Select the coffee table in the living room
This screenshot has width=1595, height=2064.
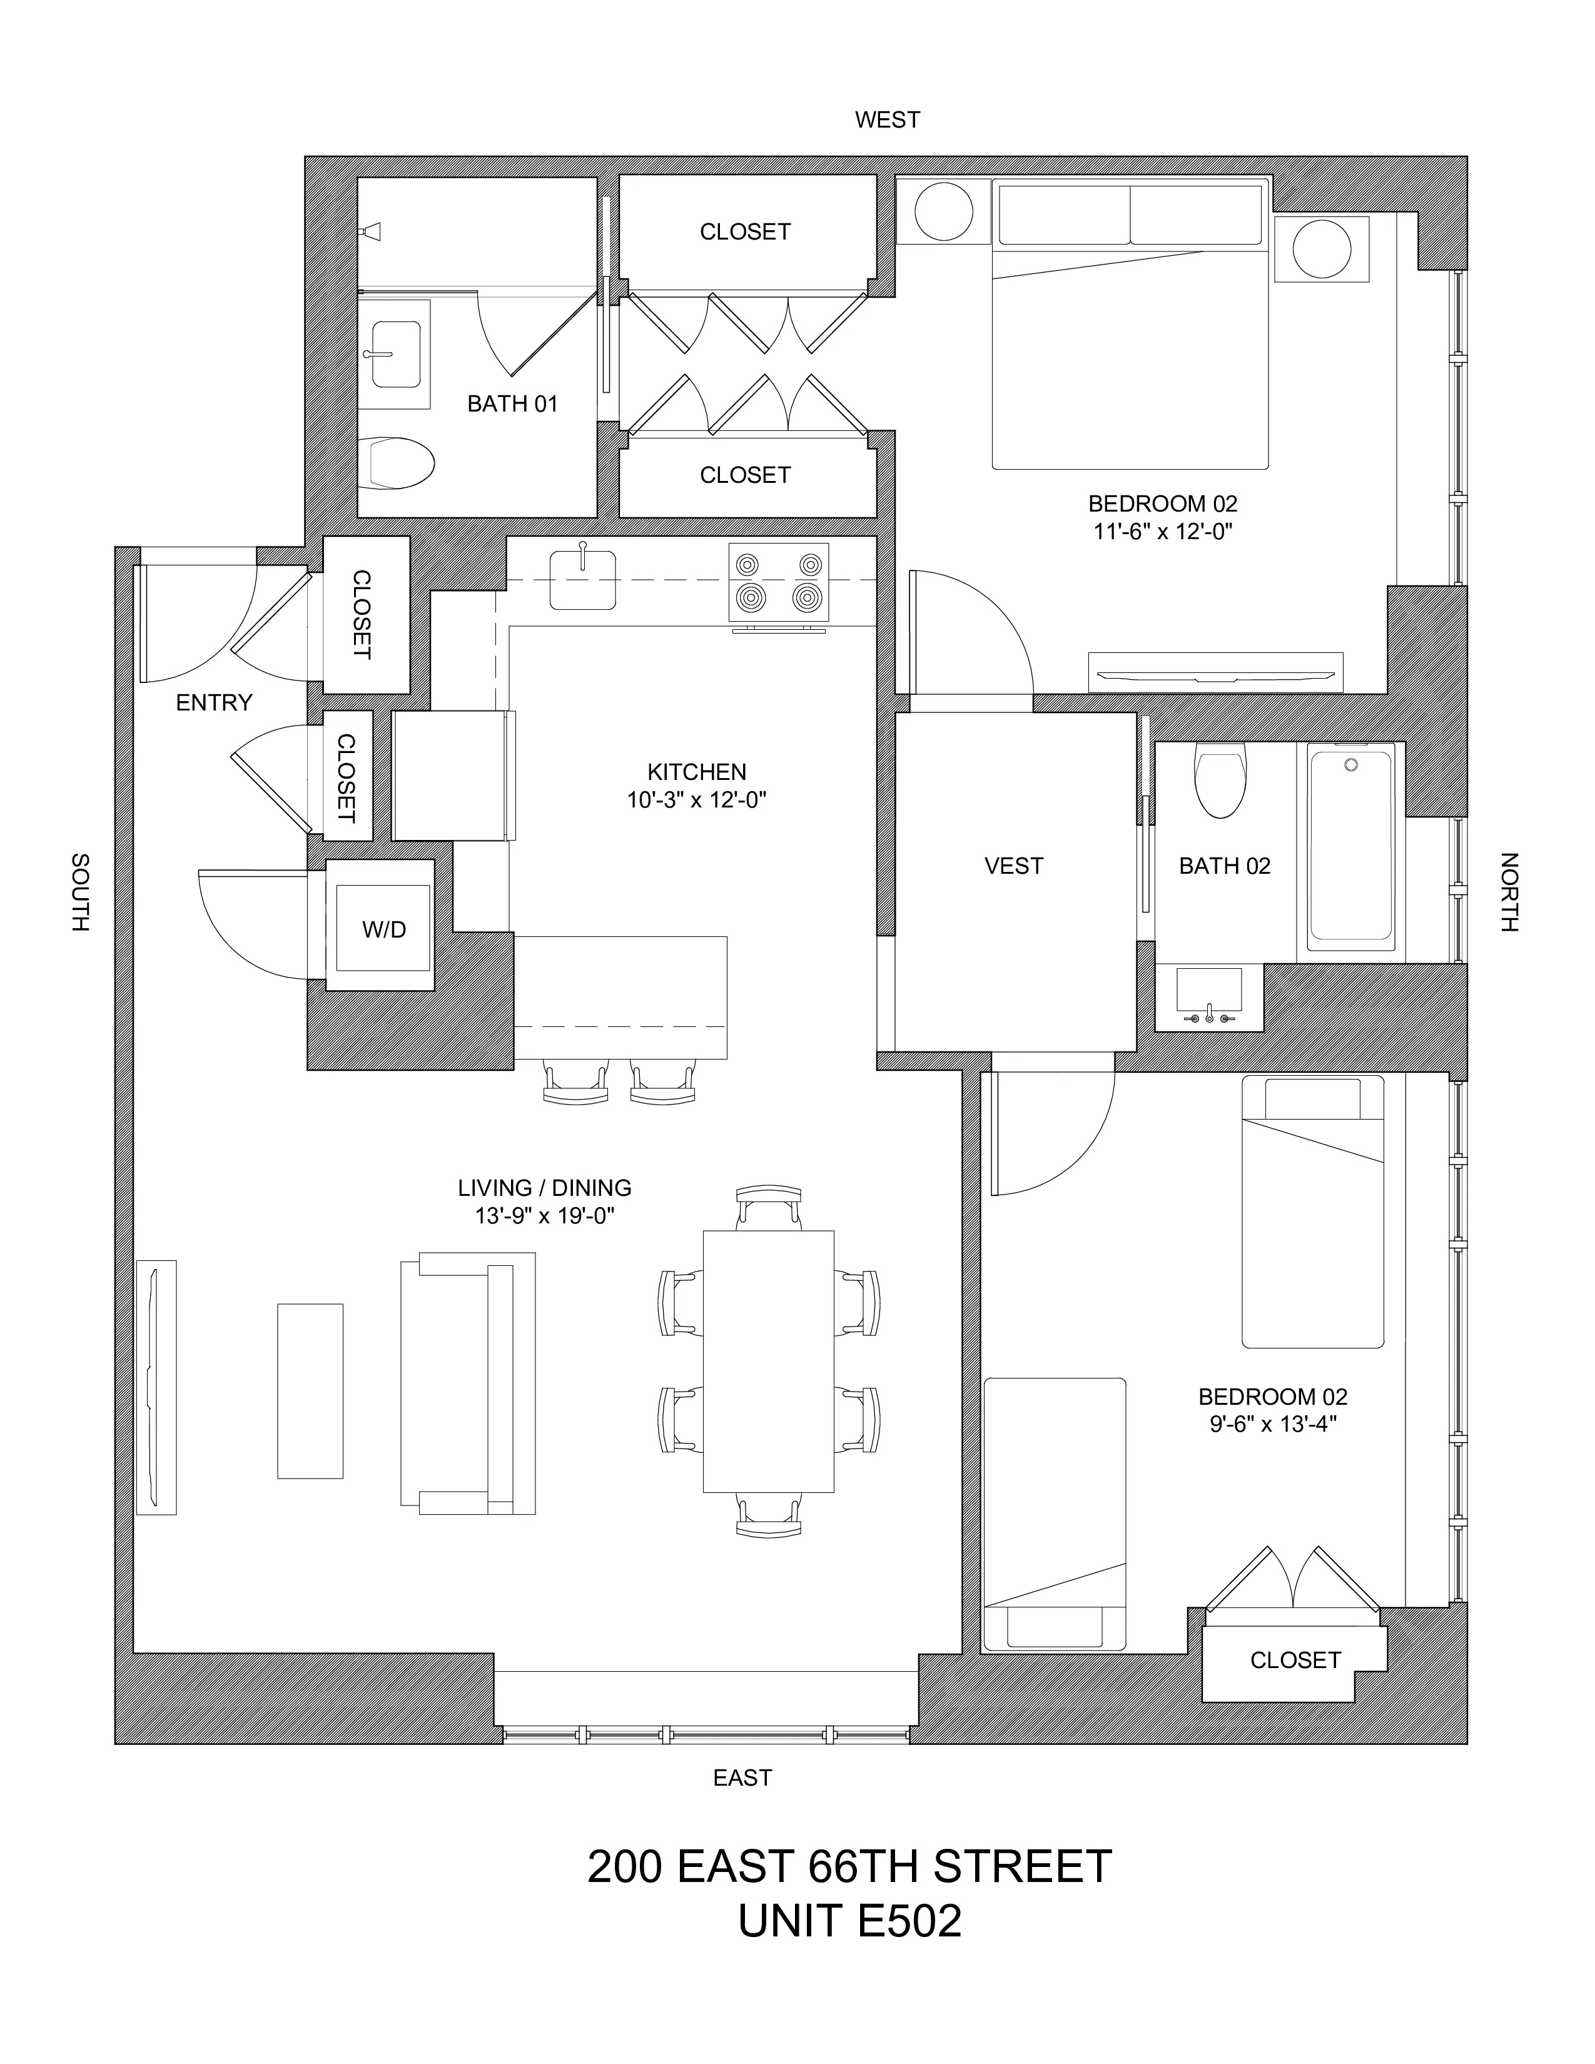(310, 1390)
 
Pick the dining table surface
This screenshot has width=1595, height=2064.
(768, 1362)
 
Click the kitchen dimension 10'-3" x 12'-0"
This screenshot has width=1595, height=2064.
(696, 799)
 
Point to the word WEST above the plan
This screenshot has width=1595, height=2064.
(886, 120)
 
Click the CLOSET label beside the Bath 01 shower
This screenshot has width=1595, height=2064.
(744, 231)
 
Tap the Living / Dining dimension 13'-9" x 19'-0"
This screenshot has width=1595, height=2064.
(544, 1215)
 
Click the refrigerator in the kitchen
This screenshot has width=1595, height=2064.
(453, 776)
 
